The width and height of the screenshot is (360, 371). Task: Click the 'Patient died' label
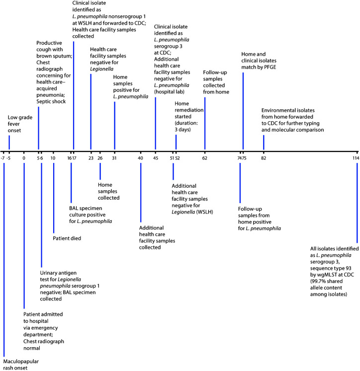[67, 238]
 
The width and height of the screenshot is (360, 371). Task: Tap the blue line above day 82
[264, 142]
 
